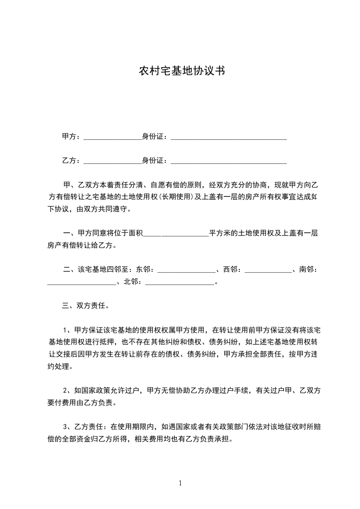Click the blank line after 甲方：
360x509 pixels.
113,137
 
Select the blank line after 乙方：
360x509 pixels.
113,161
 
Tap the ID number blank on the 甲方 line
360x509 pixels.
228,137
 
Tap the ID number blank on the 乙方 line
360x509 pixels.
228,161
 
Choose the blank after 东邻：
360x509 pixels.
186,270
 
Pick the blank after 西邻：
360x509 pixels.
268,270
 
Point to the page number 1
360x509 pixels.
180,484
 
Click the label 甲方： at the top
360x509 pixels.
71,137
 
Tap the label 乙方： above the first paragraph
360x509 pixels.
71,161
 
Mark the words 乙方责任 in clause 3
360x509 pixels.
89,427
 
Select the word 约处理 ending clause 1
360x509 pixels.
59,366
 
